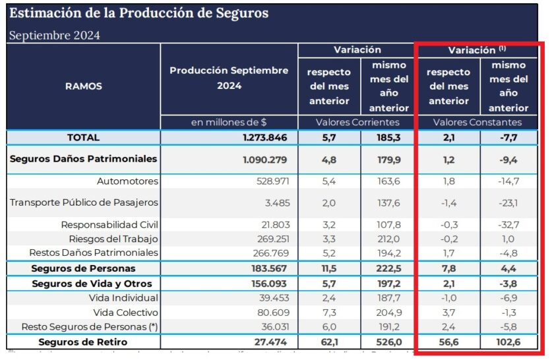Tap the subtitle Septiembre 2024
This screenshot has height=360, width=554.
click(54, 36)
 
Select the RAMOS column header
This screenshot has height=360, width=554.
click(84, 86)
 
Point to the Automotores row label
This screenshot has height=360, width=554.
click(127, 181)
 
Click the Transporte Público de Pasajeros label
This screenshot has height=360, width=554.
click(84, 202)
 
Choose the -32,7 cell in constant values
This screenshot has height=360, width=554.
click(508, 225)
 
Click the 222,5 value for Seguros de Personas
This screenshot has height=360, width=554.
click(388, 268)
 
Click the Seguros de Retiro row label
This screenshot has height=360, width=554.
click(83, 342)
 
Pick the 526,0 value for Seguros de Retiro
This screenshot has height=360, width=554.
click(388, 342)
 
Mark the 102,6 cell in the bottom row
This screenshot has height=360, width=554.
click(507, 342)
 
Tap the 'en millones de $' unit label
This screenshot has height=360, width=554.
click(229, 122)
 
